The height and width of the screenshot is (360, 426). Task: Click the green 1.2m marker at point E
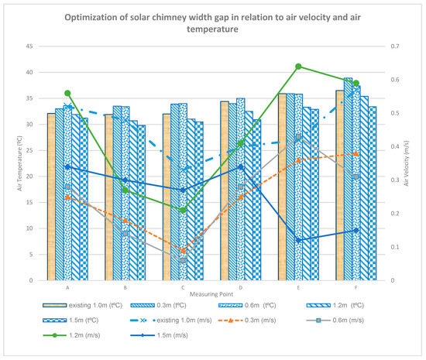298,67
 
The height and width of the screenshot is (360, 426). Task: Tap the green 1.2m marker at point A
67,93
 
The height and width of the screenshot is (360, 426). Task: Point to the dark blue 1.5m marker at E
298,240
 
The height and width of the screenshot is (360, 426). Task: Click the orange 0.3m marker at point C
183,250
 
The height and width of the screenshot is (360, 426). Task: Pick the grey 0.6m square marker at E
298,137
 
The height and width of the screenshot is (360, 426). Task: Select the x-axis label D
240,287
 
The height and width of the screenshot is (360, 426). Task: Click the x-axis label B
125,287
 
